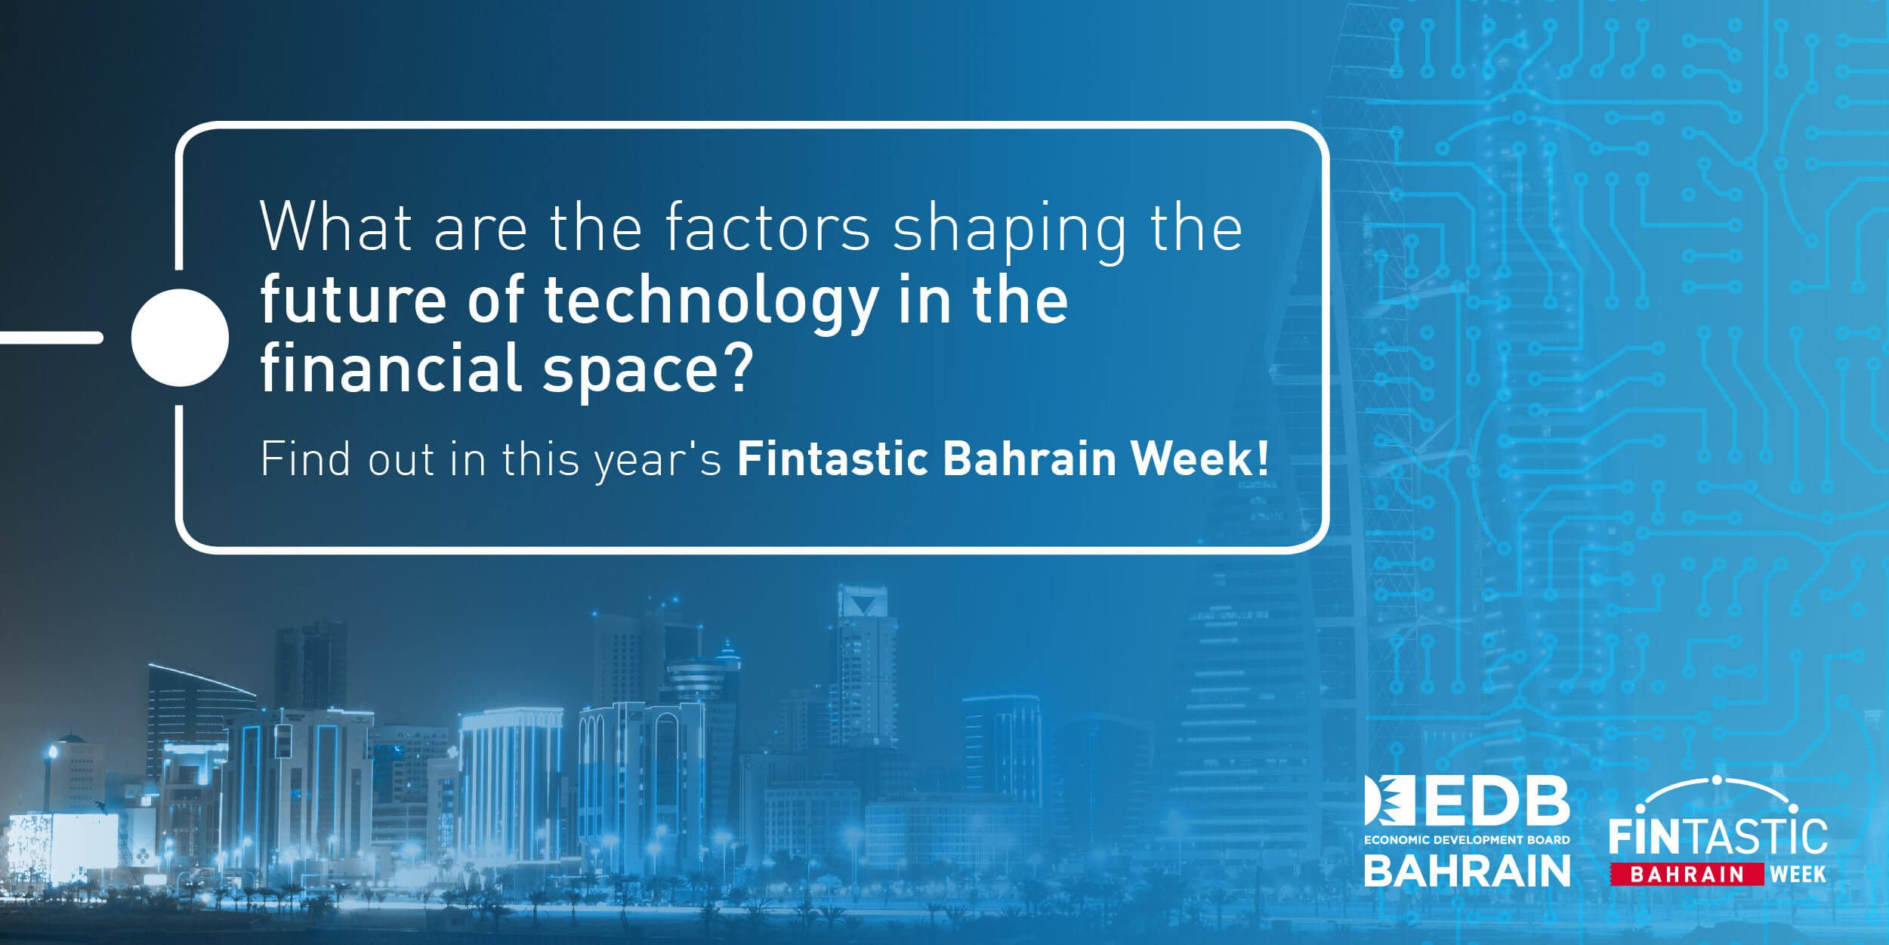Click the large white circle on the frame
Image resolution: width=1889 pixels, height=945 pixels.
[180, 338]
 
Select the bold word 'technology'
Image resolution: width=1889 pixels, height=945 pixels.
[711, 304]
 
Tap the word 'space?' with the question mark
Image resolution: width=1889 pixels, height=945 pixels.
[648, 372]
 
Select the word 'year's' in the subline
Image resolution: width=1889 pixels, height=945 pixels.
[658, 461]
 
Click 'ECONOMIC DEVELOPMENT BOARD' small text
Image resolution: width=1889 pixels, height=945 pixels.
[1467, 839]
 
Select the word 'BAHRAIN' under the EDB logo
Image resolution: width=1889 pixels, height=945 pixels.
[1467, 870]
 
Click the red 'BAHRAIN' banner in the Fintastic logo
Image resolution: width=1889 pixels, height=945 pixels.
[1687, 874]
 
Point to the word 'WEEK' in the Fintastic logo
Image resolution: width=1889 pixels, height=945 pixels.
[1798, 874]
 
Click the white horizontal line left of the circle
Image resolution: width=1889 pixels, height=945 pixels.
[51, 338]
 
